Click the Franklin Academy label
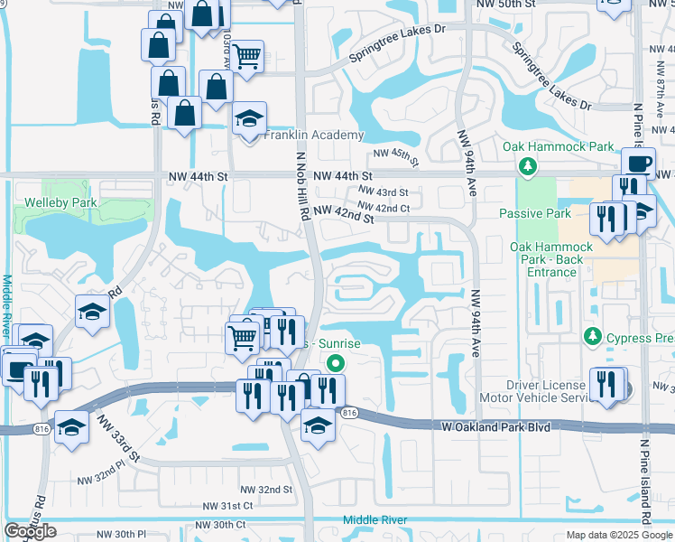click(313, 135)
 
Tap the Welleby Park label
click(60, 202)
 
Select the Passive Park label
click(534, 214)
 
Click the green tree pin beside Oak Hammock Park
click(527, 166)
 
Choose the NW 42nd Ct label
click(384, 208)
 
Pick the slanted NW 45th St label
click(397, 159)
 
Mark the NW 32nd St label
click(264, 489)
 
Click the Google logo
click(30, 531)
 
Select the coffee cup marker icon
click(639, 164)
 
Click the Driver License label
click(547, 384)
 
